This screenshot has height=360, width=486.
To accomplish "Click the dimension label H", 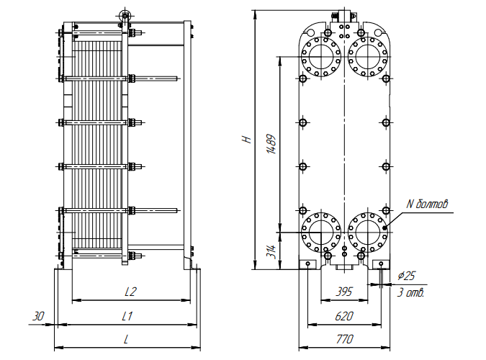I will [247, 138].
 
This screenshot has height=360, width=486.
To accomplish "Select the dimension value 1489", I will [271, 144].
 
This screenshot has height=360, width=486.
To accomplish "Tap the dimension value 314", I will [271, 251].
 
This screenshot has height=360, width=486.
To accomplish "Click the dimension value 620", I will [345, 315].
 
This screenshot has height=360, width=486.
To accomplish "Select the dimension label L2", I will [130, 292].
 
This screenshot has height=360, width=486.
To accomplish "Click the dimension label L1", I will [127, 315].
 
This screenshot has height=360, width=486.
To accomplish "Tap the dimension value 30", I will [38, 315].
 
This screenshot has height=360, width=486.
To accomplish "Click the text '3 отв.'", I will [410, 292].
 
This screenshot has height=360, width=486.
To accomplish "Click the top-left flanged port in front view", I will [320, 55].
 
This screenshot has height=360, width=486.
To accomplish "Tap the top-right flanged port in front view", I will [368, 55].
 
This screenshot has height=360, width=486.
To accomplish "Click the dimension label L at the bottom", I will [126, 338].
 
